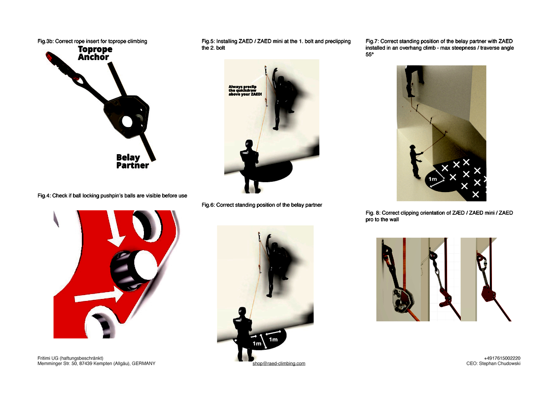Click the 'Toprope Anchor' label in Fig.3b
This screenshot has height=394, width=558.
pyautogui.click(x=95, y=53)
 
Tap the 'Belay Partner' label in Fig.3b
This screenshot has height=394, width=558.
pyautogui.click(x=133, y=162)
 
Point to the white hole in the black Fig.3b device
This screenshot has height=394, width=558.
pyautogui.click(x=127, y=122)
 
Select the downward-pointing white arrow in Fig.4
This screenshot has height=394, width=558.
pyautogui.click(x=115, y=229)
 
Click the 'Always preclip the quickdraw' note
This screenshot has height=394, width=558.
pyautogui.click(x=245, y=90)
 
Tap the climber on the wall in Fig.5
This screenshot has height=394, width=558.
pyautogui.click(x=283, y=98)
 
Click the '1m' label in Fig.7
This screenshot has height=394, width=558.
pyautogui.click(x=432, y=179)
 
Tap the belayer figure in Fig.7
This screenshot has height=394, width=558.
pyautogui.click(x=416, y=162)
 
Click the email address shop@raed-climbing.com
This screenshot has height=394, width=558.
pyautogui.click(x=279, y=363)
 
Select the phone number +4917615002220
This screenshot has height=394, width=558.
pyautogui.click(x=502, y=359)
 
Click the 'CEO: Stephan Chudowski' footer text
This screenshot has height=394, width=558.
pyautogui.click(x=493, y=364)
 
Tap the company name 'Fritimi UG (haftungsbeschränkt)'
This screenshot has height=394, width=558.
pyautogui.click(x=70, y=359)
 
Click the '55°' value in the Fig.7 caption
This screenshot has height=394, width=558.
pyautogui.click(x=370, y=54)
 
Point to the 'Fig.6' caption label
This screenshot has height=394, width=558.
pyautogui.click(x=208, y=205)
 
